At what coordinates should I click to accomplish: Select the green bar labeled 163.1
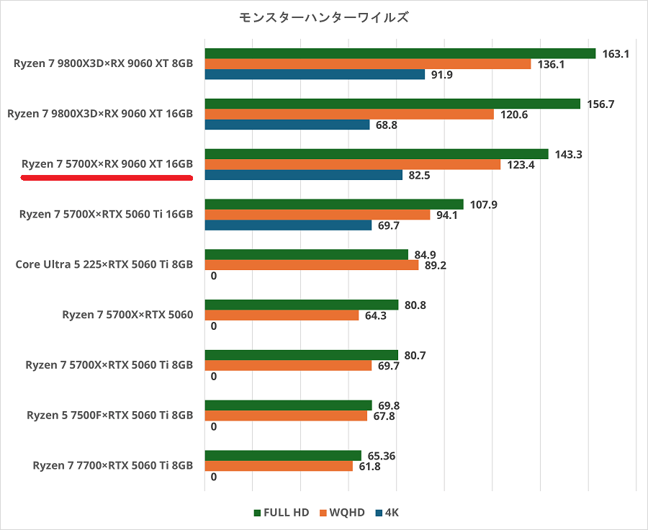coord(400,54)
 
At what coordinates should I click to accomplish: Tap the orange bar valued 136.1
coord(368,64)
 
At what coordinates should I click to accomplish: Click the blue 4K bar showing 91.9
coord(315,74)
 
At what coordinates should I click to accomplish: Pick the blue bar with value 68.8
coord(287,125)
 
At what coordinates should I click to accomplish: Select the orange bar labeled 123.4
coord(353,165)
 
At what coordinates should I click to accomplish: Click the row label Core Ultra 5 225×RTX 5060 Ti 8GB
coord(104,264)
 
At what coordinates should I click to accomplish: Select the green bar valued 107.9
coord(334,205)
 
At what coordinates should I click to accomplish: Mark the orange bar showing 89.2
coord(312,265)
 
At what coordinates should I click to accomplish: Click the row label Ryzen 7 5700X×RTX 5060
coord(127,315)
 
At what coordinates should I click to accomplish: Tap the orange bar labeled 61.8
coord(279,466)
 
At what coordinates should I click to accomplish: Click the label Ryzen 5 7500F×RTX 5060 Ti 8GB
coord(109,415)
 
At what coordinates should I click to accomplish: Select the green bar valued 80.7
coord(301,355)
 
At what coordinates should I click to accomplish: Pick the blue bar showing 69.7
coord(288,225)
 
